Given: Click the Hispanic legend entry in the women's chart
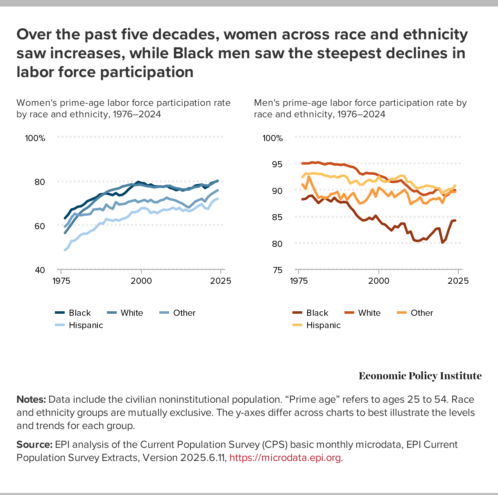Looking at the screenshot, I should pos(86,325).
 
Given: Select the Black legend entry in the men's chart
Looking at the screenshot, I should pos(317,313).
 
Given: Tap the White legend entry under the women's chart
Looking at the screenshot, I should pos(131,313).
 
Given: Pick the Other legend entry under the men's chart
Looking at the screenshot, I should pos(421,313).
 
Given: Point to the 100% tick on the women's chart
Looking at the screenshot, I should pos(35,138).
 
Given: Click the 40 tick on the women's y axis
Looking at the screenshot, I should pos(40,270).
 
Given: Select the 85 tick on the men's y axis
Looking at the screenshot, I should pos(278,217).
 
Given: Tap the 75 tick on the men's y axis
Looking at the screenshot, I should pos(278,270).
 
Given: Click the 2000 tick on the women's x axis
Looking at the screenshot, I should pos(141,281).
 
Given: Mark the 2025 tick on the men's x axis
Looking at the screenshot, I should pos(458,281).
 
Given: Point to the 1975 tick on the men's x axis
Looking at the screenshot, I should pos(299,281).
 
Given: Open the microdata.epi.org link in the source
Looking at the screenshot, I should pos(285,458).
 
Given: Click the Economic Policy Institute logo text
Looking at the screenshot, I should pos(420,376).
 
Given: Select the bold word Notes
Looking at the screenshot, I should pos(31,399).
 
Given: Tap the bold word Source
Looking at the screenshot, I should pos(34,445).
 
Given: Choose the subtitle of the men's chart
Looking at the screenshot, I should pos(360,108).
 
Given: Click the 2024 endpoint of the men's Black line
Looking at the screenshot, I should pos(455,221).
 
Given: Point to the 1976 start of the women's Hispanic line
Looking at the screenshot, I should pos(65,250).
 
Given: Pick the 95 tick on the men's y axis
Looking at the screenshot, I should pos(278,164).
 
